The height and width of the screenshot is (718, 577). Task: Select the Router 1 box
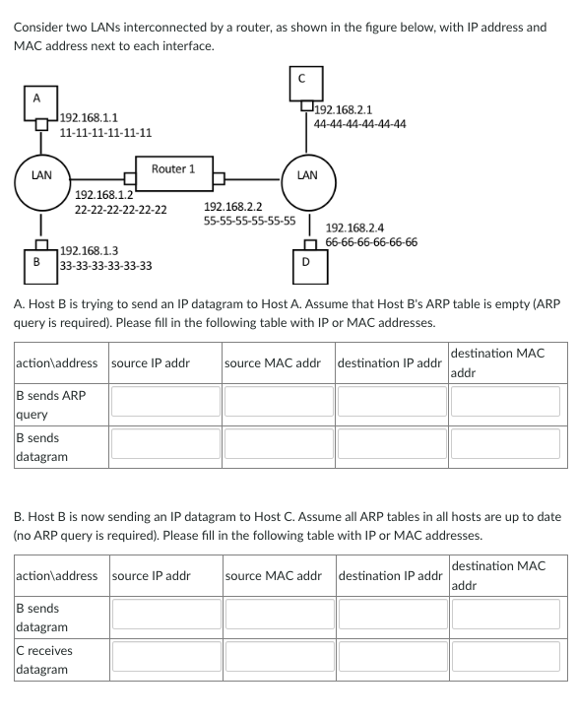[x=172, y=169]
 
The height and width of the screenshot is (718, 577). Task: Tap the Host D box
[x=305, y=261]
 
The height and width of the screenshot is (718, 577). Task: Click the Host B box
[x=36, y=262]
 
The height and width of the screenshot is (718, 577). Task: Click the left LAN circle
[x=41, y=177]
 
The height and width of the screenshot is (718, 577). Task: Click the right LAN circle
[x=307, y=177]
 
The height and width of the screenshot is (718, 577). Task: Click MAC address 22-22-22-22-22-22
[x=120, y=210]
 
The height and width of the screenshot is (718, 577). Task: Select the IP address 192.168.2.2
[x=232, y=207]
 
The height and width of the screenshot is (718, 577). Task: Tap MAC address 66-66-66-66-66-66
[x=370, y=242]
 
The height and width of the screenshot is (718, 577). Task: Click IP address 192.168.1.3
[x=89, y=251]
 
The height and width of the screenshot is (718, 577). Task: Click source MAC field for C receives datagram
[x=276, y=658]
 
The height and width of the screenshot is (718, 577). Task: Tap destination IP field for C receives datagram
[x=390, y=658]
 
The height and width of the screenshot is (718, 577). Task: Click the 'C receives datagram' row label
[x=42, y=660]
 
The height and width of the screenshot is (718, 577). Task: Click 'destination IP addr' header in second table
[x=390, y=575]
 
